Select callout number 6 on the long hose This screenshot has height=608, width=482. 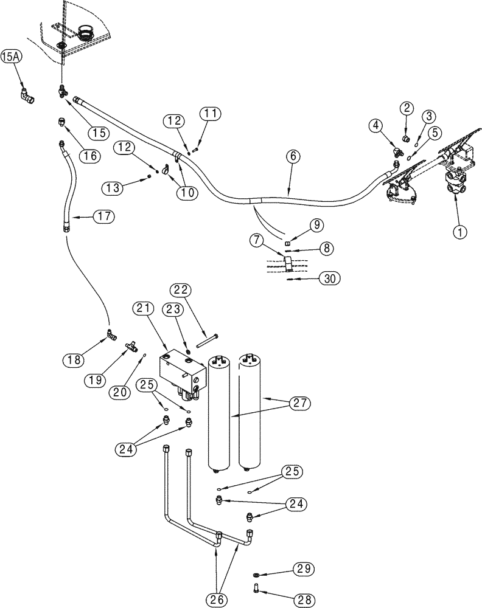click(x=292, y=156)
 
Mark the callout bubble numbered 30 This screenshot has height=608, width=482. click(x=328, y=279)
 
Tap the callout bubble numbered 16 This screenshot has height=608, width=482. click(x=89, y=156)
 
